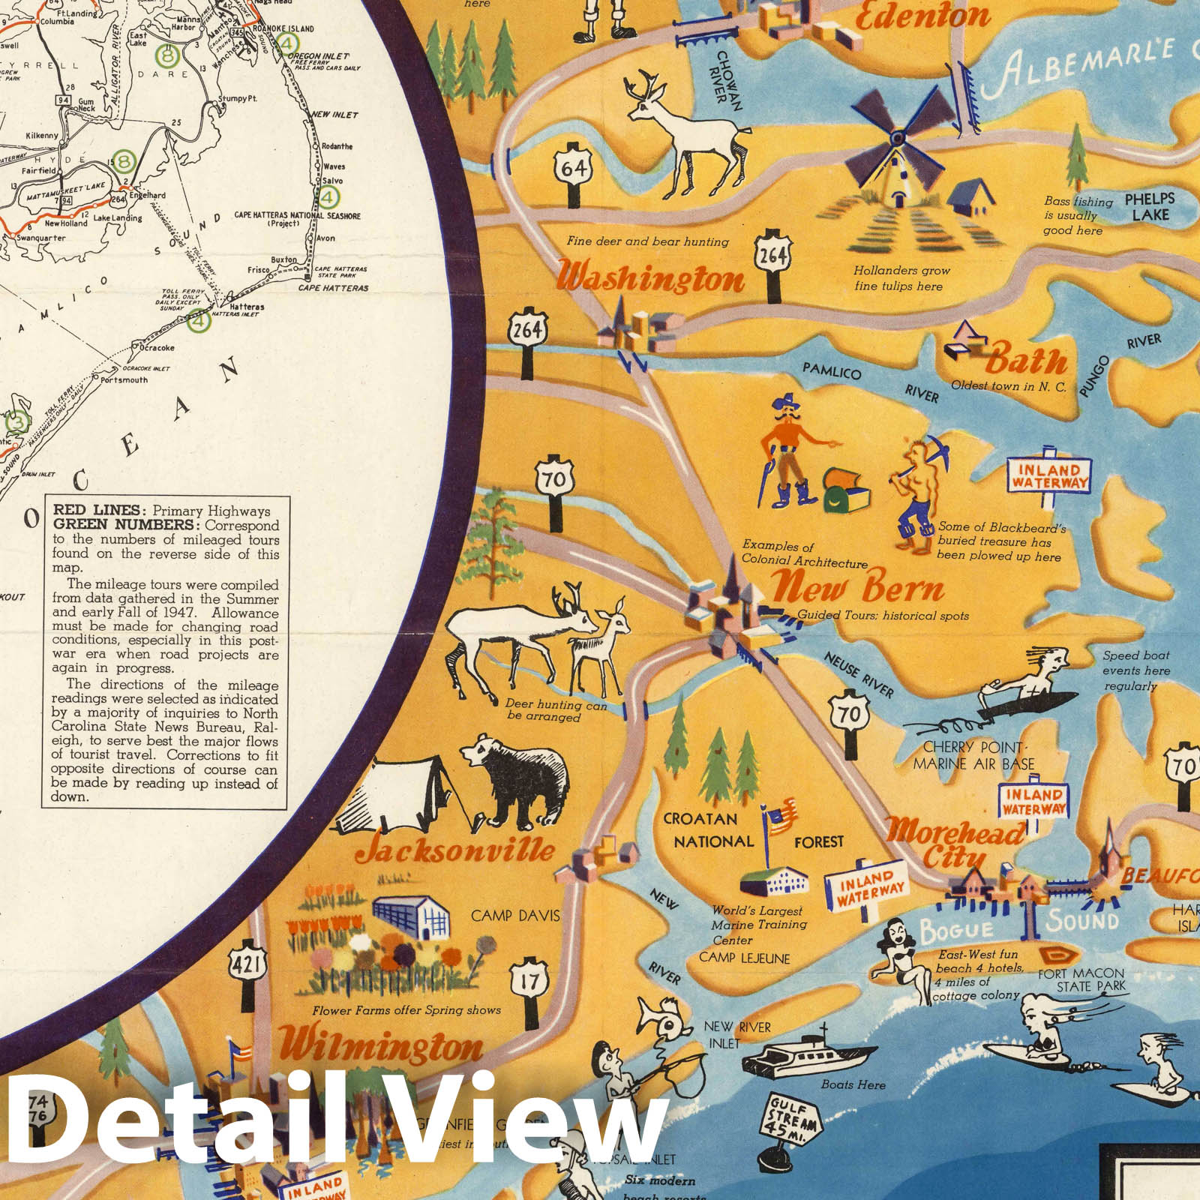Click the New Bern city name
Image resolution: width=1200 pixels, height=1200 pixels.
[857, 587]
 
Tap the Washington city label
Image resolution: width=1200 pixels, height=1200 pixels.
[651, 277]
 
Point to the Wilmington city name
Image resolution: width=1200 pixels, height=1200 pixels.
[381, 1045]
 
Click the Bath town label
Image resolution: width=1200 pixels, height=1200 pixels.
[1025, 361]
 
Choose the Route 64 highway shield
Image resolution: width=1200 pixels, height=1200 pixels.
[574, 168]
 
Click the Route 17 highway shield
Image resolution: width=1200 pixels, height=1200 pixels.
[529, 979]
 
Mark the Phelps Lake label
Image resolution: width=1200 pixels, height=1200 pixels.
[1150, 207]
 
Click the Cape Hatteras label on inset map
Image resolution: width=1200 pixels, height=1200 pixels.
[333, 288]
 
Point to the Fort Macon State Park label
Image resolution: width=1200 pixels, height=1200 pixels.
[1081, 979]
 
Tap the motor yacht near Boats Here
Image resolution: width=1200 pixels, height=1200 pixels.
[806, 1057]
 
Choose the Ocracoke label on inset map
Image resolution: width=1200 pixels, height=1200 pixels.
[157, 348]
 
